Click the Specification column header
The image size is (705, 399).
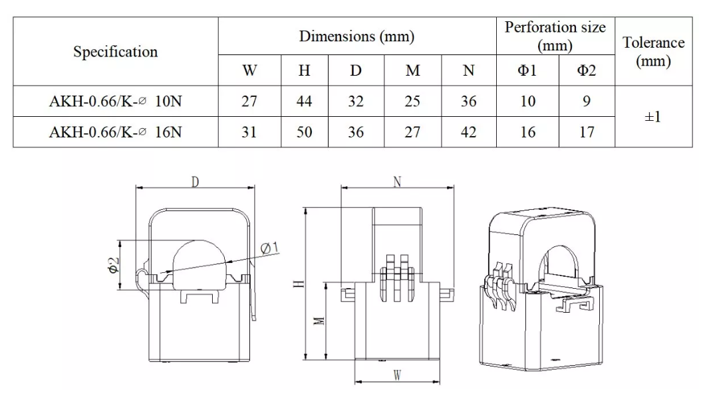(x=116, y=52)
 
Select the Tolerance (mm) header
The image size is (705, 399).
(x=653, y=52)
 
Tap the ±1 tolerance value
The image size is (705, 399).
(x=653, y=117)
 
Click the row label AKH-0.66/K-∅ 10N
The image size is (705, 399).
(x=116, y=102)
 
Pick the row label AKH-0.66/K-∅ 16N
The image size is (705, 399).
(x=116, y=132)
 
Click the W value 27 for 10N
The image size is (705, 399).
(x=249, y=102)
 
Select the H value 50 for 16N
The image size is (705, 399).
(x=304, y=132)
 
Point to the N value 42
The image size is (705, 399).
(x=468, y=132)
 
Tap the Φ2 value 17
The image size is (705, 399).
(x=587, y=132)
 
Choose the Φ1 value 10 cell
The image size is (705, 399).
(x=527, y=102)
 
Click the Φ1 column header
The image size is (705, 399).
(x=527, y=70)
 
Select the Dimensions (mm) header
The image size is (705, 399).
(x=356, y=37)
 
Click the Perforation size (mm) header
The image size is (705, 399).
(x=555, y=37)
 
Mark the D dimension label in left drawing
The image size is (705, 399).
(x=196, y=182)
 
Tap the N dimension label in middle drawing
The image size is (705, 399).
(x=397, y=182)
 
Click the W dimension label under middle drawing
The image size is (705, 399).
(x=396, y=376)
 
